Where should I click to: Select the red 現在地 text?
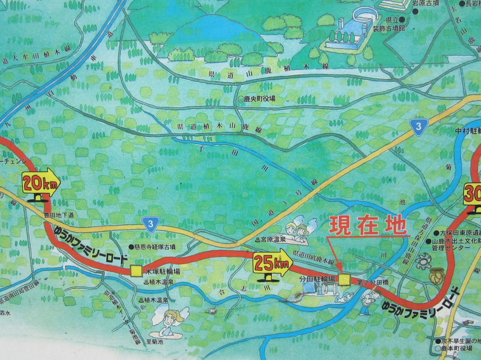[x=367, y=225]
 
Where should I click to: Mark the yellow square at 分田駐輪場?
[x=344, y=279]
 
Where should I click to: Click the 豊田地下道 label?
[x=58, y=215]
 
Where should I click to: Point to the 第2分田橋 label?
[x=371, y=282]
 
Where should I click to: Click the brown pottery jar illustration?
[x=436, y=277]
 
